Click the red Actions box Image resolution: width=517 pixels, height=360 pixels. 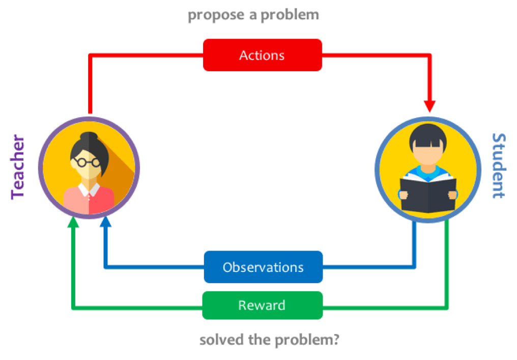point(262,55)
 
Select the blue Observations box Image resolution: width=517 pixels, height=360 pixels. point(263,267)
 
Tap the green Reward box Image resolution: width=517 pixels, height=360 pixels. point(262,306)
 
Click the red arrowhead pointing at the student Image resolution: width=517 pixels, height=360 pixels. point(430,106)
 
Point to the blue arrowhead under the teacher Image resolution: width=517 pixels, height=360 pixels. point(105,223)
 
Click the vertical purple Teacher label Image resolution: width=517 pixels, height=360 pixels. point(18,168)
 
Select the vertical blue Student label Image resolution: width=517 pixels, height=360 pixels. point(498,166)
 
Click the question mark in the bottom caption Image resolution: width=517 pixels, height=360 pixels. point(336,339)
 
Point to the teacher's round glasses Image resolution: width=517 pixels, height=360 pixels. point(86,162)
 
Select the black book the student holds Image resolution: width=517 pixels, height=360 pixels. point(428,193)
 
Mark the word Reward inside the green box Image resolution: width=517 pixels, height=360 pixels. point(262,306)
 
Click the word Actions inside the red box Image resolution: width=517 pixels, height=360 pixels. point(262,55)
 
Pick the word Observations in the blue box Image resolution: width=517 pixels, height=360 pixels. point(263,267)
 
